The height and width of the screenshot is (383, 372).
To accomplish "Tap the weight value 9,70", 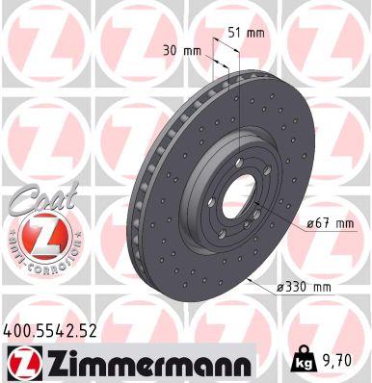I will pos(338,362).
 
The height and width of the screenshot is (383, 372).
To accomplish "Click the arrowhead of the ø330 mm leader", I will pos(249,277).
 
